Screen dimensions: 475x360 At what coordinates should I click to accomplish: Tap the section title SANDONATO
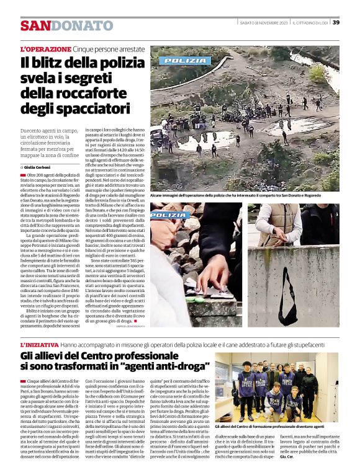tap(66, 25)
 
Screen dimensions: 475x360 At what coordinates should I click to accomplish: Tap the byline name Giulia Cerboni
tap(43, 167)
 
